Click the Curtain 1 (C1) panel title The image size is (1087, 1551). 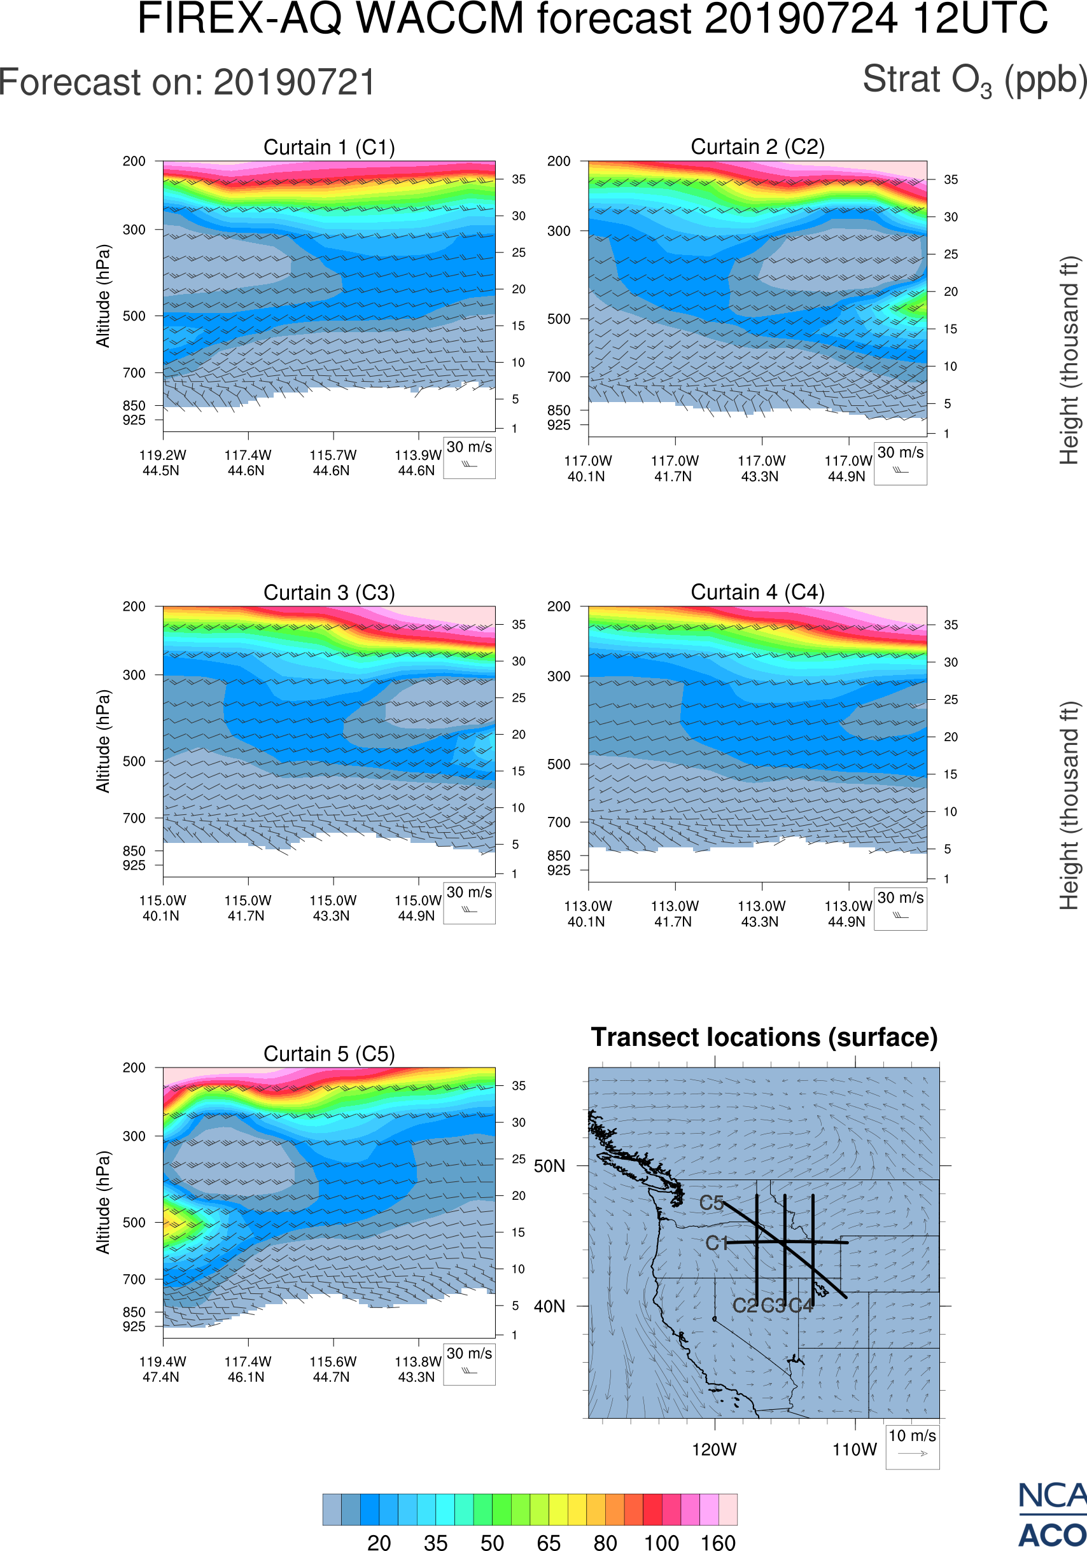pos(329,147)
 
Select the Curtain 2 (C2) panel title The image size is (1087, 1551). pos(757,146)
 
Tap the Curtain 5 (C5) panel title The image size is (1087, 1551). pos(329,1053)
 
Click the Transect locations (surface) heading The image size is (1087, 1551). pos(764,1037)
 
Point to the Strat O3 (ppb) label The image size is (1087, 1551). pos(974,80)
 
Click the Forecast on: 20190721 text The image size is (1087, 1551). pos(187,83)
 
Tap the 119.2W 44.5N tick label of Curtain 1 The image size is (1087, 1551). pos(162,463)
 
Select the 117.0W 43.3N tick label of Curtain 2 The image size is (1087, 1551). pos(761,468)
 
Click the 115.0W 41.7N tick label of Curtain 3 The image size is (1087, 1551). pos(248,908)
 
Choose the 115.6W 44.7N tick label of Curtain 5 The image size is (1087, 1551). pos(332,1369)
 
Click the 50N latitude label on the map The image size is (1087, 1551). pos(549,1166)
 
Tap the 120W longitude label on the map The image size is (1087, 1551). pos(714,1450)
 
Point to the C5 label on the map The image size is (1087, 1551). pos(712,1202)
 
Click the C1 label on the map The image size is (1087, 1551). pos(716,1243)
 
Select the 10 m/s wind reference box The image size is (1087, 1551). pos(912,1445)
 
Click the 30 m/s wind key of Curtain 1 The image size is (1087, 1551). pos(469,457)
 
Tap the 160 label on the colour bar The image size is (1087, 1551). pos(717,1542)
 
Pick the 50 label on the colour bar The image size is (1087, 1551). pos(493,1542)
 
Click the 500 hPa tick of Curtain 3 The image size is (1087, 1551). pos(134,762)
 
